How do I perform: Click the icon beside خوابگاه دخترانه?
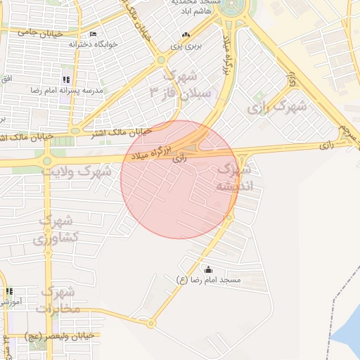pyautogui.click(x=94, y=35)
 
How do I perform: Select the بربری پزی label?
pyautogui.click(x=185, y=46)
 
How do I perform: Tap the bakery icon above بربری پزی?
pyautogui.click(x=186, y=35)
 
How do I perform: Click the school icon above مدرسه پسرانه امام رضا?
pyautogui.click(x=66, y=79)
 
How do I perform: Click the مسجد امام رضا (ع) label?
pyautogui.click(x=208, y=280)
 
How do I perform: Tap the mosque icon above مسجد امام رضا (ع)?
pyautogui.click(x=208, y=269)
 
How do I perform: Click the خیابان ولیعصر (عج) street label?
pyautogui.click(x=59, y=335)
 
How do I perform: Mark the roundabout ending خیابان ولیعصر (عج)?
pyautogui.click(x=151, y=324)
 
